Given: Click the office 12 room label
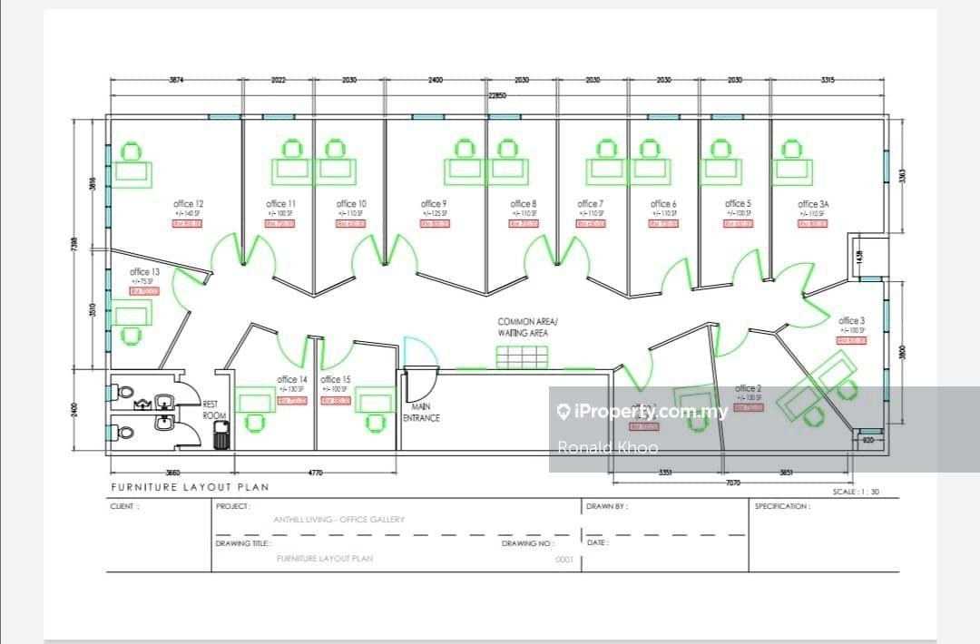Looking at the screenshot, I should (188, 204).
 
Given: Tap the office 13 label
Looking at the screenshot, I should (145, 272).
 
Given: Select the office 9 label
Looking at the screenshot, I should (434, 204).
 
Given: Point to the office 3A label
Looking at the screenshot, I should (813, 205).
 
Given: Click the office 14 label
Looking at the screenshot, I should (292, 379).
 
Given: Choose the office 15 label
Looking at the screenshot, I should (335, 379).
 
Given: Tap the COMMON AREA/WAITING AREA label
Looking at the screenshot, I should (528, 327).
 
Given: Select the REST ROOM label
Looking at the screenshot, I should (214, 410).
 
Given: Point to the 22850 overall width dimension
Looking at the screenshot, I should (496, 95).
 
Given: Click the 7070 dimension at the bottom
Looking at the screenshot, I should (730, 483).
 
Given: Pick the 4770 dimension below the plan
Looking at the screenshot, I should (315, 473).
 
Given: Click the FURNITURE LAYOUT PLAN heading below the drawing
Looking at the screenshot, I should (190, 487).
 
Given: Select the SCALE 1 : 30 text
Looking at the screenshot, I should (855, 492).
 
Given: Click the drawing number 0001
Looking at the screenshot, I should (564, 560).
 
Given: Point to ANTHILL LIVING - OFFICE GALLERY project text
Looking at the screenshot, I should (338, 520).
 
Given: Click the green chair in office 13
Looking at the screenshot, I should (133, 336).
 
